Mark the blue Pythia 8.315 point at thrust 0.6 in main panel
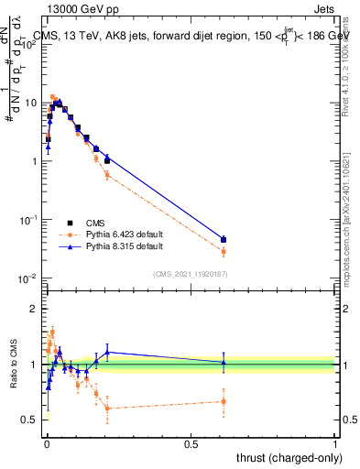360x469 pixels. [x=224, y=239]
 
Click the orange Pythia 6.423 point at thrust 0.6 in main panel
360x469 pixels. [x=224, y=251]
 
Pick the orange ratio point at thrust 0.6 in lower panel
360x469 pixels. [x=224, y=401]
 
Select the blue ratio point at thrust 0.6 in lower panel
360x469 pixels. [x=224, y=363]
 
